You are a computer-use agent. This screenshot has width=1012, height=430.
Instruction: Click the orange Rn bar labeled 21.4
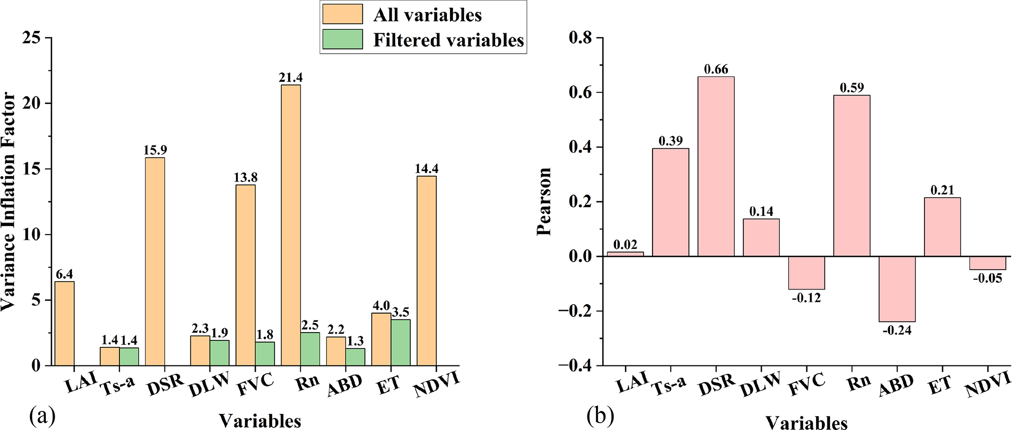291,225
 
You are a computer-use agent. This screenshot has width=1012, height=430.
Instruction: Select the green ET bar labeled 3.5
400,342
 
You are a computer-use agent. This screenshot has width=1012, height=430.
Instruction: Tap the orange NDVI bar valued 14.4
426,271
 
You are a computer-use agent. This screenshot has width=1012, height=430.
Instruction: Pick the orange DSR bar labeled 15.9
155,261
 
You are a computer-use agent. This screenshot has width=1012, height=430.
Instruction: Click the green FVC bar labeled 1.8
265,354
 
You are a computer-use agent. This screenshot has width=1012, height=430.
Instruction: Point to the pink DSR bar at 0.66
716,166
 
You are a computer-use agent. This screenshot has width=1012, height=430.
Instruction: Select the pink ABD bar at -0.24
897,289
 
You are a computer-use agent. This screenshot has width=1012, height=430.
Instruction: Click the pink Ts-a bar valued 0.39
671,203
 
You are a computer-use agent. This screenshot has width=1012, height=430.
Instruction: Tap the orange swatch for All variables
343,14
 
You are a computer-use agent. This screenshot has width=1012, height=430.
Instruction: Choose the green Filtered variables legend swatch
343,39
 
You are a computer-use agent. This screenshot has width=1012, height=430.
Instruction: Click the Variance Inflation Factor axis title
8,202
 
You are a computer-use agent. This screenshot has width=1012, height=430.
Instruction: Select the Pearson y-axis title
544,202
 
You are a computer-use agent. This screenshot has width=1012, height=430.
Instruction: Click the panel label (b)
600,416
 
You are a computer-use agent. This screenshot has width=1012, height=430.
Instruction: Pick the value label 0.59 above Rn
851,88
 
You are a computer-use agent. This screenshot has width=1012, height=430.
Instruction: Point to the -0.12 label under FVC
806,297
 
